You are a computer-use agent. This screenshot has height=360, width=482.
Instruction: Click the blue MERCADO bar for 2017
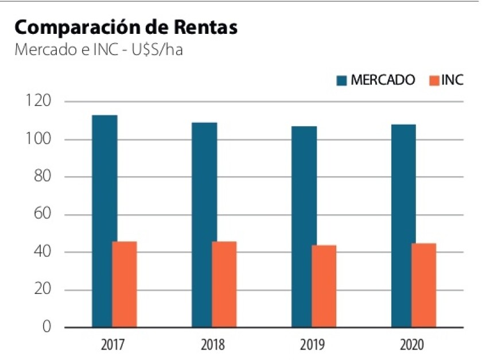tap(104, 221)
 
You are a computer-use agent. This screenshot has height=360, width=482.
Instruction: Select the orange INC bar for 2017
tap(125, 284)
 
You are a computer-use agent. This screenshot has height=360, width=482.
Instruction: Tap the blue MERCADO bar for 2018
tap(204, 224)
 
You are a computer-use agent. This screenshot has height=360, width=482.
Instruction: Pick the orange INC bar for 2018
tap(224, 284)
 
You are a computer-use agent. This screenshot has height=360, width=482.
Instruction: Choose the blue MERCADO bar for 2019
tap(304, 226)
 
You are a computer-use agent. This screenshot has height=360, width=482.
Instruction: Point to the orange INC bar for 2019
tap(324, 286)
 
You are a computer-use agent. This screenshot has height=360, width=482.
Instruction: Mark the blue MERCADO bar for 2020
tap(403, 226)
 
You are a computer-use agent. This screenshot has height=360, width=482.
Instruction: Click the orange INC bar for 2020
tap(423, 285)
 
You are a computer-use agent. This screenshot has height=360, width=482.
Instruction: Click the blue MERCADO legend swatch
tap(341, 81)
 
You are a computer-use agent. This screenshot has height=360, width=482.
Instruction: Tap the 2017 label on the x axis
tap(113, 345)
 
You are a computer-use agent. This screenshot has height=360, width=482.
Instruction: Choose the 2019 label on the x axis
tap(312, 345)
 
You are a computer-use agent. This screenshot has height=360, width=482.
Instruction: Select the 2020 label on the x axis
tap(412, 345)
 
